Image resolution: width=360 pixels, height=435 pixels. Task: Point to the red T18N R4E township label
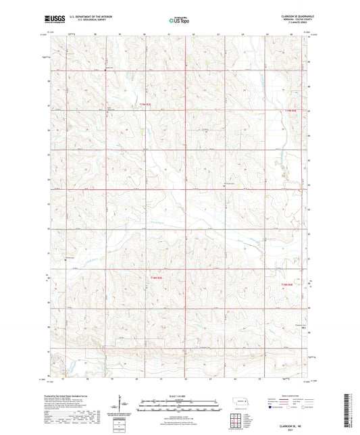click(x=290, y=286)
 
